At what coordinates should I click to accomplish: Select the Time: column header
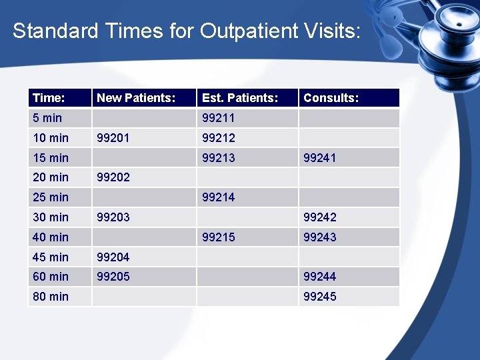49,98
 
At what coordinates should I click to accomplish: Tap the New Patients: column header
136,98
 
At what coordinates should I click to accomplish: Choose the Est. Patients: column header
239,98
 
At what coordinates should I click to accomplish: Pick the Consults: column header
331,98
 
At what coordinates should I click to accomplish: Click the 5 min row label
47,118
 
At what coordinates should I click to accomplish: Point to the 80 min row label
50,297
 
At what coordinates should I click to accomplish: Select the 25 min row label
50,197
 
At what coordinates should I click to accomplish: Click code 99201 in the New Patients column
113,138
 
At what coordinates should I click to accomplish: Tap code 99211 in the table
219,118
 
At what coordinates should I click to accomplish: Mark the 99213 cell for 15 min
219,158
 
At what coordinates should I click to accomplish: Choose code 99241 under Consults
320,158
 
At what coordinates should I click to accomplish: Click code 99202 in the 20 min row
113,177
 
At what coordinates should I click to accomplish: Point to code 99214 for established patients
219,197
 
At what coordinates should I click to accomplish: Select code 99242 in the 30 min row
320,217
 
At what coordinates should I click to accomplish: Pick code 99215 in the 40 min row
219,237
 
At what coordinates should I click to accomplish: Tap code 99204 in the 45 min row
113,257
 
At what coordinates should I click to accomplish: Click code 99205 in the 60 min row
113,277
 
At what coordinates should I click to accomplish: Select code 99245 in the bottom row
320,297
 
